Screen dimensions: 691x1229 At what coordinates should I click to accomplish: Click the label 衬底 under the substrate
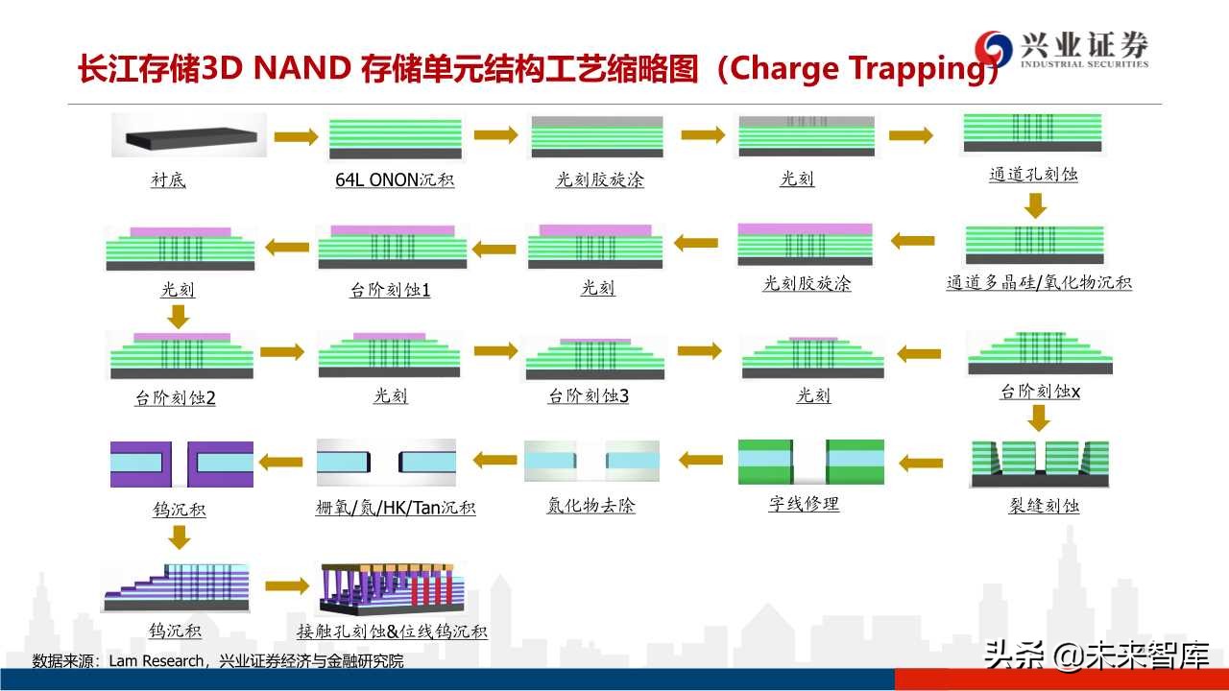click(x=168, y=179)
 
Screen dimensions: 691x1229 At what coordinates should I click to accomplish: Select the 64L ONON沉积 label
click(x=395, y=179)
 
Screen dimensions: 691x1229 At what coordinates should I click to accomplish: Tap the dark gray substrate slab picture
click(x=188, y=136)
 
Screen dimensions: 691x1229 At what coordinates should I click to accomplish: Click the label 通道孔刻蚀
click(x=1033, y=175)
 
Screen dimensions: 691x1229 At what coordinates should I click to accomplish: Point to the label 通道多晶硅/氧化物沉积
click(x=1039, y=283)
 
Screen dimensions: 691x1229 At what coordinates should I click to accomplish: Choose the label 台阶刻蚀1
click(x=390, y=289)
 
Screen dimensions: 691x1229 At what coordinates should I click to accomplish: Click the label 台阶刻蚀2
click(x=175, y=397)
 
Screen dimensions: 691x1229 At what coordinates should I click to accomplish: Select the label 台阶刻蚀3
click(x=588, y=395)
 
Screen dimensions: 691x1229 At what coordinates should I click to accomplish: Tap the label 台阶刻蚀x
click(x=1040, y=392)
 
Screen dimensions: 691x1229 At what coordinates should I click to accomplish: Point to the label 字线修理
click(x=804, y=504)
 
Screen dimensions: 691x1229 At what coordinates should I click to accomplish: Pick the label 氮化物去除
click(x=590, y=506)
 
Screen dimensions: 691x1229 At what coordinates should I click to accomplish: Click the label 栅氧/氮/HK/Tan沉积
click(x=395, y=508)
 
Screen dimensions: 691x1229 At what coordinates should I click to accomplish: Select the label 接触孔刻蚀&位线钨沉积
click(x=392, y=631)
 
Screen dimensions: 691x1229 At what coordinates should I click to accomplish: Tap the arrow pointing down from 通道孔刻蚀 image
click(x=1035, y=204)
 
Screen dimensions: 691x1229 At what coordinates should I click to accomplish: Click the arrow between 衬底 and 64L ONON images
click(x=295, y=137)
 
